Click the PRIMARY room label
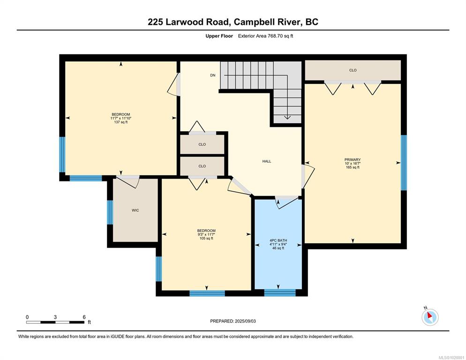353,160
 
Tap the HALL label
267,161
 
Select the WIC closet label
135,210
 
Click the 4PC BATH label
278,240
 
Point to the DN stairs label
213,75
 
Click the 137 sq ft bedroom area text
120,122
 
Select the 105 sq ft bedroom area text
206,238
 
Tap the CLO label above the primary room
353,70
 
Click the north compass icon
430,317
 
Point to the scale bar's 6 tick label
84,317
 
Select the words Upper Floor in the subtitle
219,36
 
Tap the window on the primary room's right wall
404,163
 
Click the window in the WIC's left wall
110,212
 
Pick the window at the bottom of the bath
280,293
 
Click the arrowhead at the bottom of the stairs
287,118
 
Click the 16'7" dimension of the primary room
356,164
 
